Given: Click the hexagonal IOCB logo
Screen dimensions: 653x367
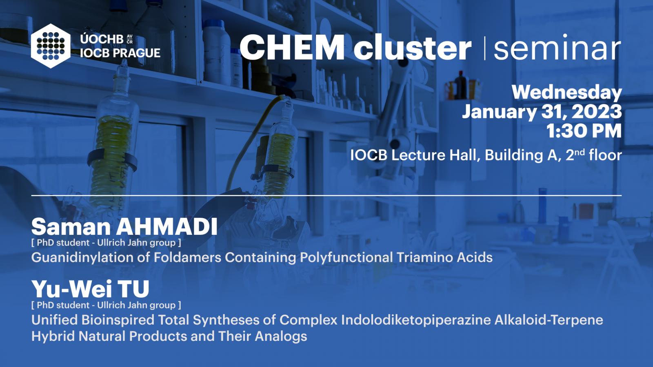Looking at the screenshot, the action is [51, 46].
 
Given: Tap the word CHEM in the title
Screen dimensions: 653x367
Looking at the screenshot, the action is [292, 47].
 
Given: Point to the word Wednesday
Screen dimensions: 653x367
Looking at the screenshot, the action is [567, 93].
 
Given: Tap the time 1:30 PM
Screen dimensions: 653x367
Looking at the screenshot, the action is [584, 131].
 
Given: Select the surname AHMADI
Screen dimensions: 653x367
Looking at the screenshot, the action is [167, 226].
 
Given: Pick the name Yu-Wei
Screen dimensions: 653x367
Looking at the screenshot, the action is [72, 289].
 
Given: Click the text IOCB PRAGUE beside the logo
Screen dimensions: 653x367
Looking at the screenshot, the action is [120, 53].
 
